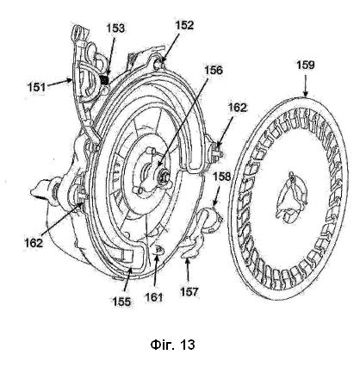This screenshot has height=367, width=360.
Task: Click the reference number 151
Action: coord(37,87)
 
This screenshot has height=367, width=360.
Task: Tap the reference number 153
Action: coord(115,28)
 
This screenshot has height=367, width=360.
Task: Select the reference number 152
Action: coord(184,25)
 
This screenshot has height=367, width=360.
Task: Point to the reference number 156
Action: coord(214,70)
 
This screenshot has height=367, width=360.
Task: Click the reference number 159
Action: coord(306,65)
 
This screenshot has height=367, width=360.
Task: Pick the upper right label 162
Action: coord(238,108)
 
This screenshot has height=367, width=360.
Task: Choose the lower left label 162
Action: coord(34,243)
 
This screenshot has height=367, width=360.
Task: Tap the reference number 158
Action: coord(221,177)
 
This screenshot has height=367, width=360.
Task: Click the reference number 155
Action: coord(121,302)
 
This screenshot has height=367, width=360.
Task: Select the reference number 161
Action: coord(154,297)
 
